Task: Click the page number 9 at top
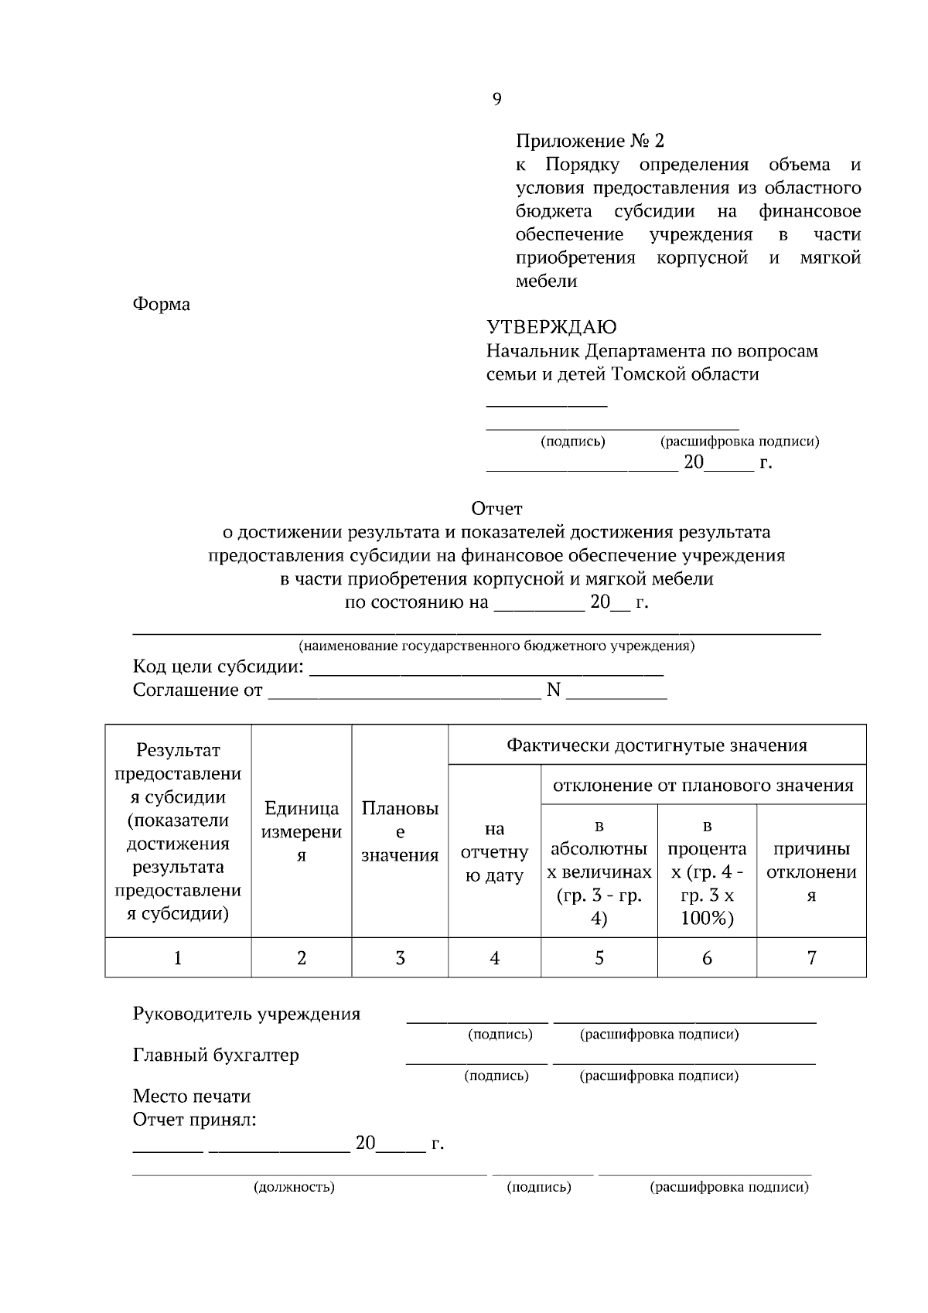point(496,99)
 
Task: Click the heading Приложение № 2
point(589,142)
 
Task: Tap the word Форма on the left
point(161,305)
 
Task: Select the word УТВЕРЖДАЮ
point(551,327)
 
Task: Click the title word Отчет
point(496,509)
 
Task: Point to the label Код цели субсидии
point(218,667)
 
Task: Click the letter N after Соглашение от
point(553,690)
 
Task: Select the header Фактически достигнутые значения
point(657,745)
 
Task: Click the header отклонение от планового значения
point(702,786)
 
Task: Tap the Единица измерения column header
point(302,832)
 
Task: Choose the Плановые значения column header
point(400,832)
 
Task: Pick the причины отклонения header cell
point(811,871)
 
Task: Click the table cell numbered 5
point(599,958)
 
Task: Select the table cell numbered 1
point(178,958)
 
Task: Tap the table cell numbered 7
point(811,958)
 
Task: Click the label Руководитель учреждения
point(246,1014)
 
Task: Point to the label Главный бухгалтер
point(216,1056)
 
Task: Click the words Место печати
point(192,1096)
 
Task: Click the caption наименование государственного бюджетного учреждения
point(496,646)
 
